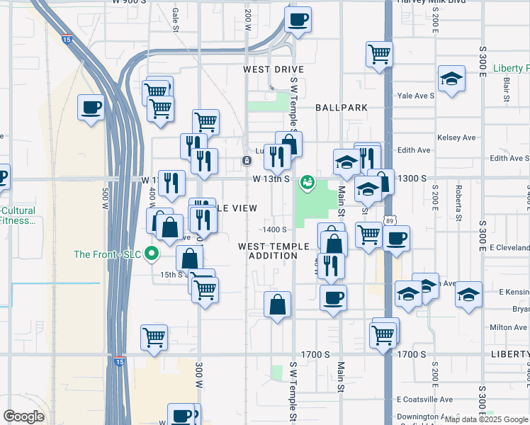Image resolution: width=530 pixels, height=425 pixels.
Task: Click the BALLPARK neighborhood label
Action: coord(342,107)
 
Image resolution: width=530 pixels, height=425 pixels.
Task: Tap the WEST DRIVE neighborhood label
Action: coord(273,69)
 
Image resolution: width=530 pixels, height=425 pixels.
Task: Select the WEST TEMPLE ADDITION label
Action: coord(274,251)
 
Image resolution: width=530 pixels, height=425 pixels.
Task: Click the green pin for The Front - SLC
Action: coord(151,253)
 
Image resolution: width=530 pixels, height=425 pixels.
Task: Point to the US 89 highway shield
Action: coord(390,222)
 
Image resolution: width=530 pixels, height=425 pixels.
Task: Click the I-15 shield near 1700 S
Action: coord(118,361)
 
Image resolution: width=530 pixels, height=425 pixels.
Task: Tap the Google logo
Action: coord(24,416)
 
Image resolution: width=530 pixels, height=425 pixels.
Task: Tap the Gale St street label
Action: coord(175,16)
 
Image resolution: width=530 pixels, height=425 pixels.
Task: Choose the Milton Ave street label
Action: coord(509,327)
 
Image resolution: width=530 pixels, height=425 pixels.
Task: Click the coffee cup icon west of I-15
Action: coord(92,108)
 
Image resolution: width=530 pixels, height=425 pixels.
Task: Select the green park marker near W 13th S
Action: coord(308,183)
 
